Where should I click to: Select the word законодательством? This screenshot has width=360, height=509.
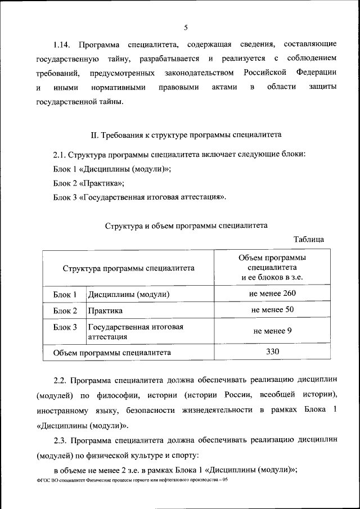[199, 73]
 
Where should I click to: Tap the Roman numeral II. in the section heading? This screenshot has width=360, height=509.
[95, 136]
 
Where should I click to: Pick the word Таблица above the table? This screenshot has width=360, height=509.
[309, 239]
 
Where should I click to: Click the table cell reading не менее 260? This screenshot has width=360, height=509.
[272, 294]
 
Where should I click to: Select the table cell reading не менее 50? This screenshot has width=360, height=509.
[272, 310]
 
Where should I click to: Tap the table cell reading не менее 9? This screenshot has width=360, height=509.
[272, 331]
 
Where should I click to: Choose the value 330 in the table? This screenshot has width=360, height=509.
[272, 352]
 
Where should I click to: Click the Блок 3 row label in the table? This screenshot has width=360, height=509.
[65, 327]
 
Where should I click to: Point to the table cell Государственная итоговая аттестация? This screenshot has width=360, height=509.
[135, 332]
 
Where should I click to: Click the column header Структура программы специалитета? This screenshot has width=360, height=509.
[128, 268]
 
